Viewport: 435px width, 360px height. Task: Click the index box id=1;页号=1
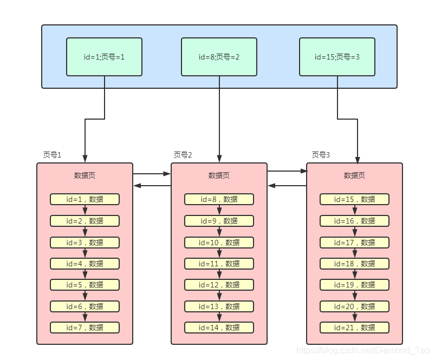tap(104, 57)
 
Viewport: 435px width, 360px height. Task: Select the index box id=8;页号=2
tap(219, 57)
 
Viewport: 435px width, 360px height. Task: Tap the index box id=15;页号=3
tap(337, 57)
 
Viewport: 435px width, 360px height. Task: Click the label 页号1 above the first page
tap(52, 155)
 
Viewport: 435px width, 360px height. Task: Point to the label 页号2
tap(183, 155)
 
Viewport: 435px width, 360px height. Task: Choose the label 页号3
tap(321, 155)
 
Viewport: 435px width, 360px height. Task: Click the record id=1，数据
tap(85, 199)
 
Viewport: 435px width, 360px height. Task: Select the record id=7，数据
tap(85, 328)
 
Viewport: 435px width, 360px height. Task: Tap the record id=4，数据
tap(85, 264)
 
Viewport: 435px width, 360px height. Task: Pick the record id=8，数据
tap(219, 199)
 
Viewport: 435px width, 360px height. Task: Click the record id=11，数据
tap(219, 264)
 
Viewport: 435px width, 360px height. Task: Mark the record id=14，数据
tap(219, 328)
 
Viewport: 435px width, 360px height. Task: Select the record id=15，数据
tap(354, 199)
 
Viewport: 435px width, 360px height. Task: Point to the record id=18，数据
tap(354, 264)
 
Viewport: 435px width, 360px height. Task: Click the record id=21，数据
tap(354, 328)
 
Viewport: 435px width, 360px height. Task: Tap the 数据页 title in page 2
tap(219, 175)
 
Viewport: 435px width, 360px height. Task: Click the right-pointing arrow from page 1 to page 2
tap(152, 174)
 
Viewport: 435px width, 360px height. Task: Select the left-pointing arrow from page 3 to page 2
tap(287, 186)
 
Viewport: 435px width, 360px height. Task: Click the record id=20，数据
tap(354, 306)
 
